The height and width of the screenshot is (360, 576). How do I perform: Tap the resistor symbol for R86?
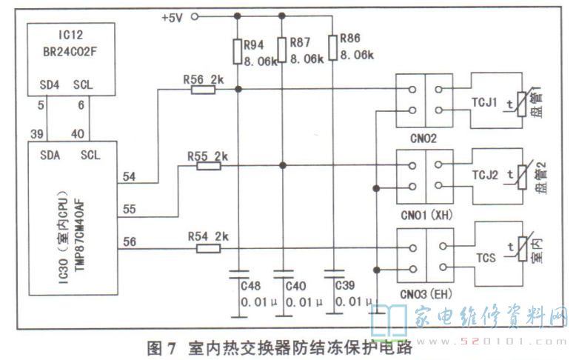click(332, 49)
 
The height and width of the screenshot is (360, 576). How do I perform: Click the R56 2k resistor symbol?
click(202, 90)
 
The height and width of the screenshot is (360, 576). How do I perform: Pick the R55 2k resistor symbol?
click(209, 166)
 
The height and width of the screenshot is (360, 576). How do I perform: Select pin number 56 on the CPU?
click(129, 241)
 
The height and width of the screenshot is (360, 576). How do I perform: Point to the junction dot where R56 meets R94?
click(238, 90)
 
